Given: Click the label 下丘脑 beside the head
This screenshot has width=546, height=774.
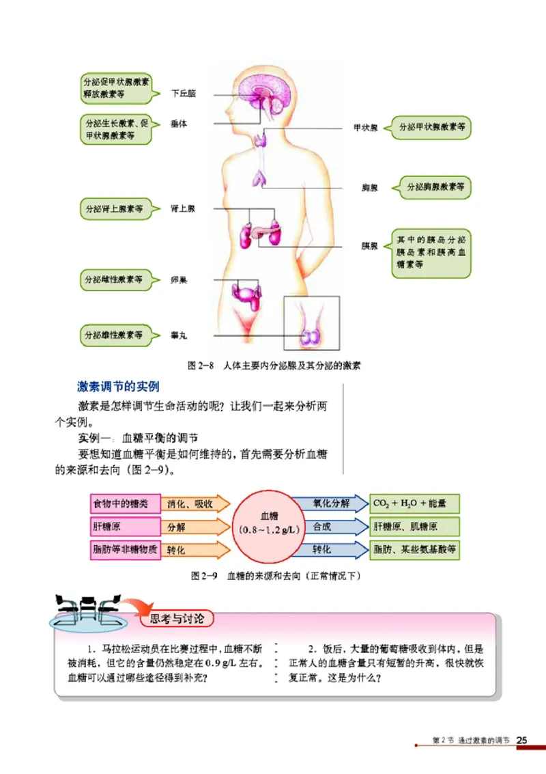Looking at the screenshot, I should click(x=183, y=94).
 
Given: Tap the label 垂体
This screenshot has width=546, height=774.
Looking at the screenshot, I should click(x=179, y=124).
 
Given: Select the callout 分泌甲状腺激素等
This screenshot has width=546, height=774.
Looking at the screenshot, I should click(x=431, y=127).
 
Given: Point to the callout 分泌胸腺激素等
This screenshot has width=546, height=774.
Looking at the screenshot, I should click(x=435, y=186).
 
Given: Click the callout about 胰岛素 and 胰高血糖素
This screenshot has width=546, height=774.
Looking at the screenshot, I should click(x=431, y=252).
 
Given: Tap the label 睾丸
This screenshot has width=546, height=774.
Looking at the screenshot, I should click(x=179, y=335).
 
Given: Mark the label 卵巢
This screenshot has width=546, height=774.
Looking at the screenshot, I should click(x=179, y=279).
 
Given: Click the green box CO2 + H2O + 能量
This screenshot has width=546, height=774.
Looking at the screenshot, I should click(x=414, y=504).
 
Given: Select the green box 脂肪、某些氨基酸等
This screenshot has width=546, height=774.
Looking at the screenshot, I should click(x=414, y=549).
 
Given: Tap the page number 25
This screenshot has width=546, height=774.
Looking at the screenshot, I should click(x=523, y=740).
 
